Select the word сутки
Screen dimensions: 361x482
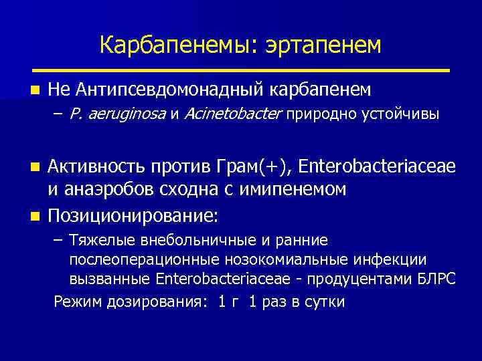[325, 302]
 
